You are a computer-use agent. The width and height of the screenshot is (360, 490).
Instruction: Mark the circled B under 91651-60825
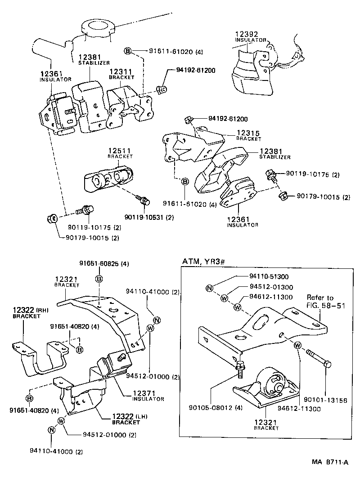tap(99, 280)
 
